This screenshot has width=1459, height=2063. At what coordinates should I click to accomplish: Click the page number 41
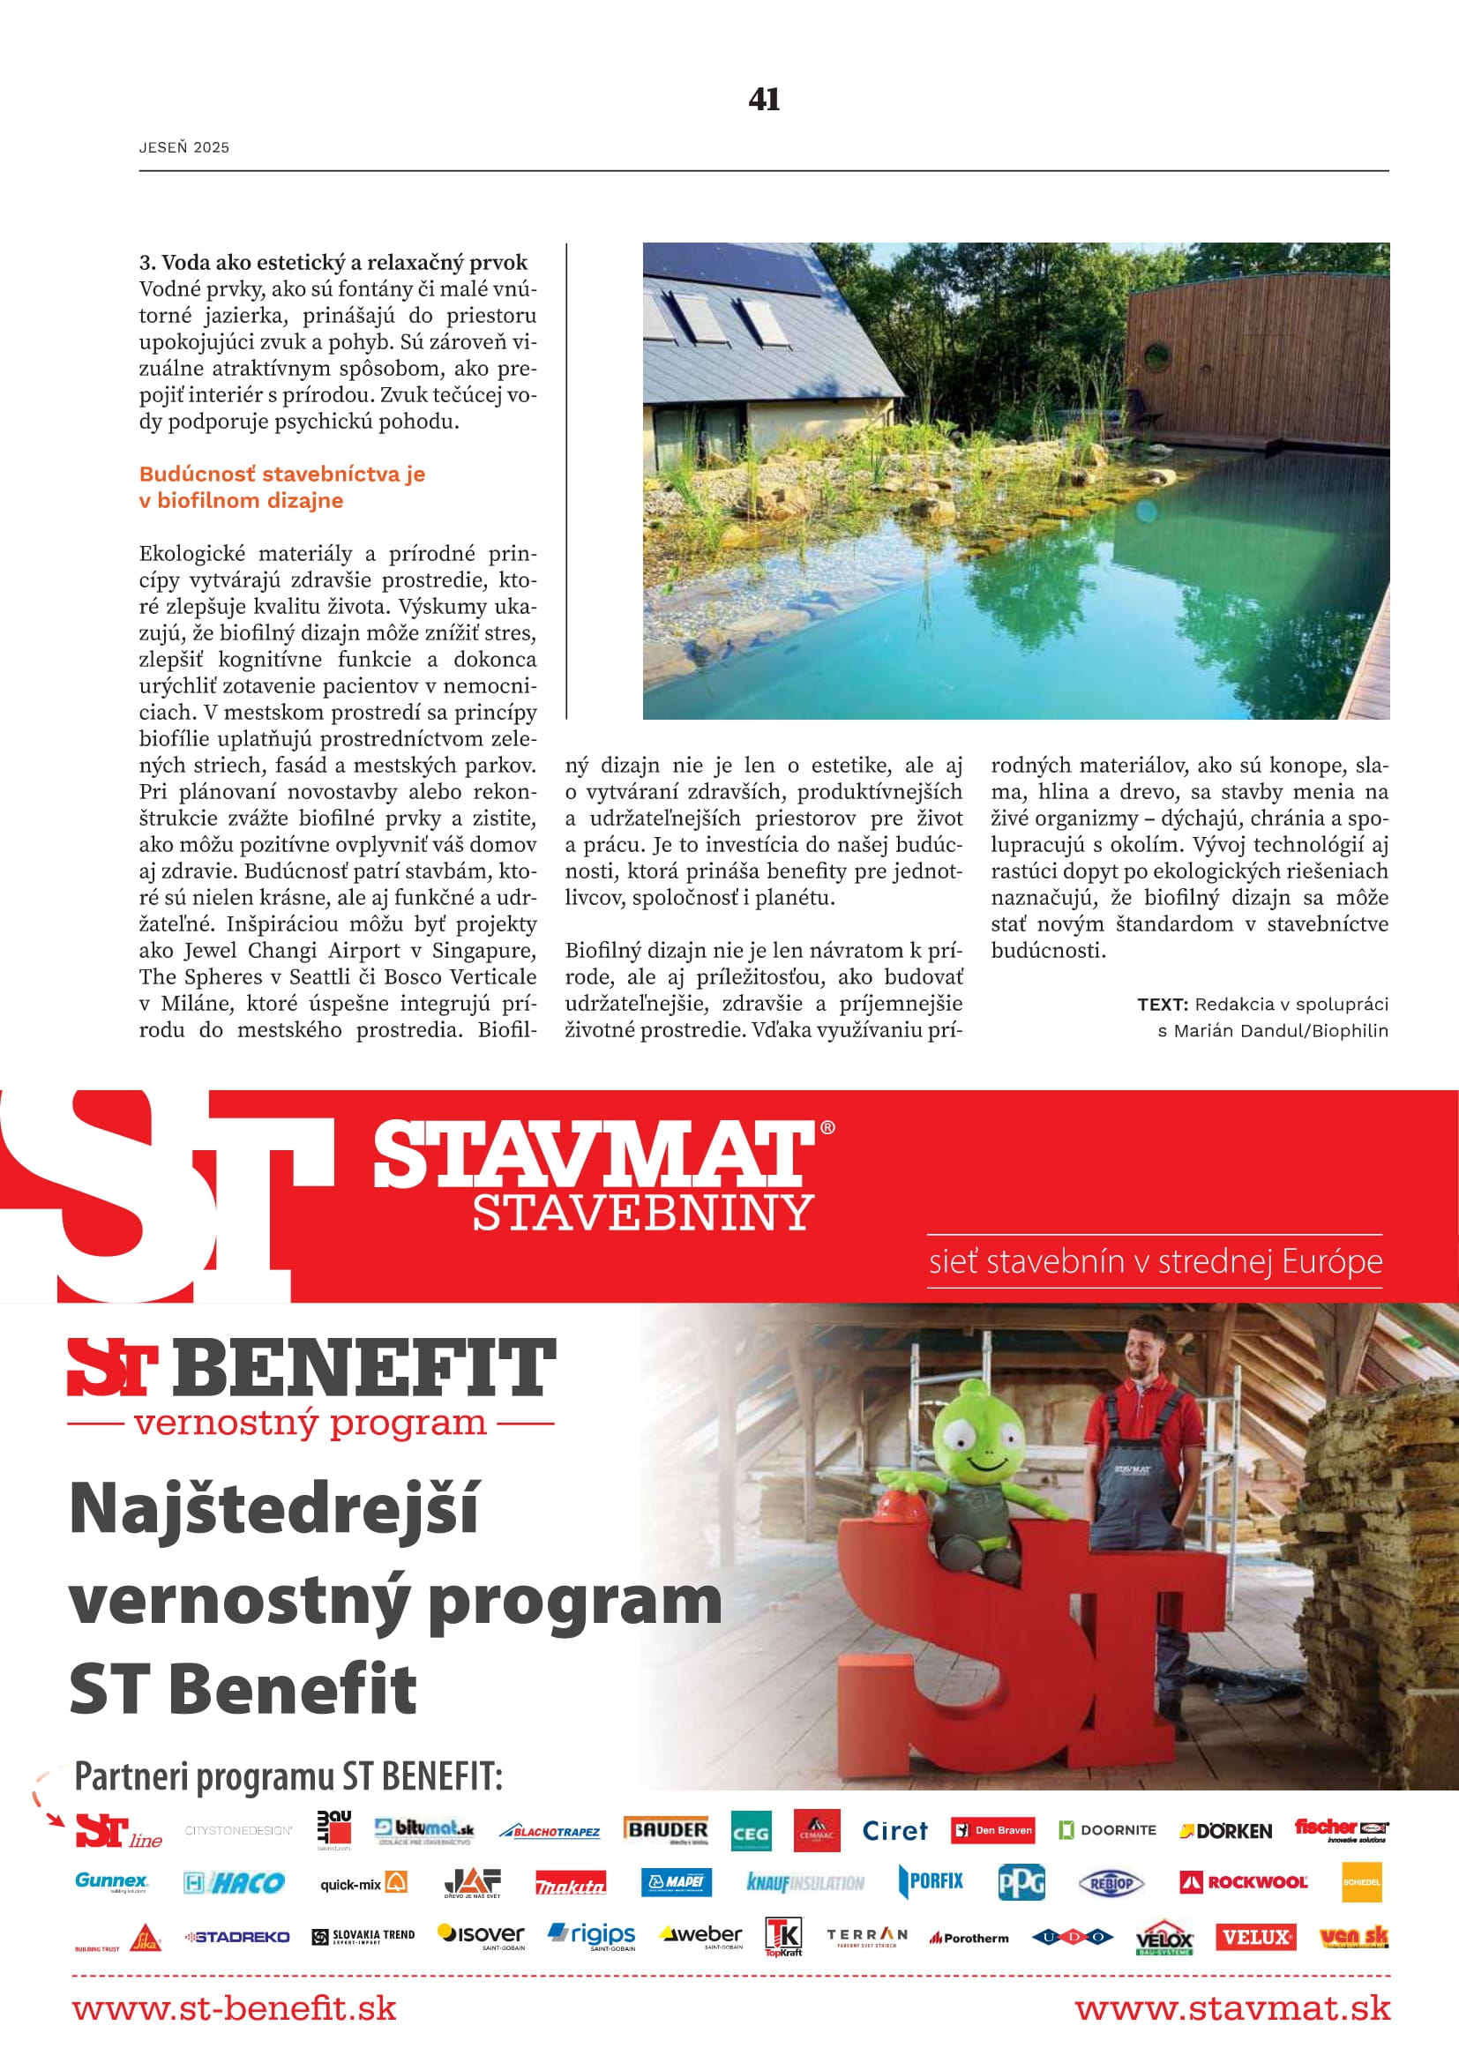click(x=764, y=99)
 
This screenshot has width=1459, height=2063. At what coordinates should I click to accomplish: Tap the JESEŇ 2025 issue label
click(x=184, y=147)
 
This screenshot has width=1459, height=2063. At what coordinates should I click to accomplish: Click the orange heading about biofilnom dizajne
click(x=282, y=487)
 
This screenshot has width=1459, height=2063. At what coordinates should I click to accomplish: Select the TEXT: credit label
click(x=1163, y=1005)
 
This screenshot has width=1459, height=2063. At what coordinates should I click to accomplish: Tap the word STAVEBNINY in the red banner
click(x=643, y=1213)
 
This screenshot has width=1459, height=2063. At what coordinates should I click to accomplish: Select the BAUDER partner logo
click(x=667, y=1830)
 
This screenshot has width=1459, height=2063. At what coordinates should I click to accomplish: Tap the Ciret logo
click(x=894, y=1831)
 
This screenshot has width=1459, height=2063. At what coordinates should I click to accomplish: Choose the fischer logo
click(x=1342, y=1829)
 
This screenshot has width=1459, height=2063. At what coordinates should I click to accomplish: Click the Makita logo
click(x=571, y=1884)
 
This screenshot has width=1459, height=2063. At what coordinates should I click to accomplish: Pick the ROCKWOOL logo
click(x=1244, y=1882)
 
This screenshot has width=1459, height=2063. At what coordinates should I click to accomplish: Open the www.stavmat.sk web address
click(x=1231, y=2008)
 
